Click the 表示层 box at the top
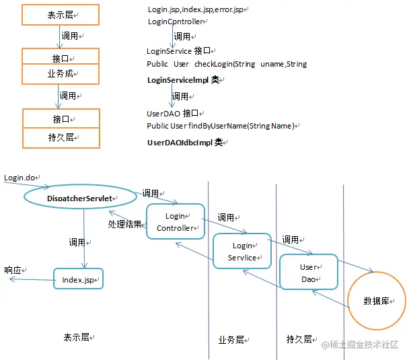(61, 15)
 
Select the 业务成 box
(61, 73)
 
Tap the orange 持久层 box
(61, 138)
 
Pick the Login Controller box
(175, 221)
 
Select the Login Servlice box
(242, 252)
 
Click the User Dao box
(308, 272)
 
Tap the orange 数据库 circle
(377, 300)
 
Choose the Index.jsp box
(78, 279)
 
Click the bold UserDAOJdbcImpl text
(186, 143)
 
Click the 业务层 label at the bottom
(232, 340)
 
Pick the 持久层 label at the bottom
(299, 339)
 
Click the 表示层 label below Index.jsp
(77, 337)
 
